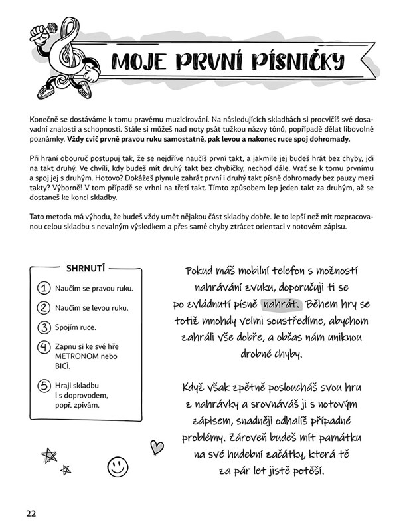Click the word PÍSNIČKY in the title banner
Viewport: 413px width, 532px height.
(292, 62)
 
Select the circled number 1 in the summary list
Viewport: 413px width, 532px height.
(44, 289)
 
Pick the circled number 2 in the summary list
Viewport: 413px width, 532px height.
(44, 308)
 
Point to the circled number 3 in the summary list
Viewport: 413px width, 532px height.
(44, 327)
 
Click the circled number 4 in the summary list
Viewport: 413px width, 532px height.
(44, 347)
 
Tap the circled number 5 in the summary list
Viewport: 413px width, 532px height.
(44, 386)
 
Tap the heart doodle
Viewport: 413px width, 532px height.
(157, 446)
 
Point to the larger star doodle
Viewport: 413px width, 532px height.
(48, 455)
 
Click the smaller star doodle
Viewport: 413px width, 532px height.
(65, 470)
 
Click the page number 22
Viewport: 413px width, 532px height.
(31, 513)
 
